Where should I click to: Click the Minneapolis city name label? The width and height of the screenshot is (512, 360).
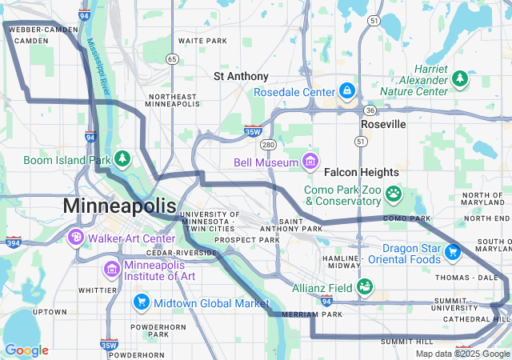[119, 206]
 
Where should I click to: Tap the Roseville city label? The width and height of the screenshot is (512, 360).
[383, 125]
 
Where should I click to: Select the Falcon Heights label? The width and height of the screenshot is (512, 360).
[361, 172]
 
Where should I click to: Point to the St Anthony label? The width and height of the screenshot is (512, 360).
[242, 76]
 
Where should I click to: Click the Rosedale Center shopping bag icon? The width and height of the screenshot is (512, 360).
[346, 92]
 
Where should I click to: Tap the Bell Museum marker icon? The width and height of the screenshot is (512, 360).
[310, 162]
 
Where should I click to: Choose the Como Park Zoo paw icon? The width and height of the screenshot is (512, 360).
[394, 193]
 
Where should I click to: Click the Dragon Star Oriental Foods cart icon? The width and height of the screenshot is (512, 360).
[452, 252]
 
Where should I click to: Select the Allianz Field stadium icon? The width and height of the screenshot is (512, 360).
[365, 286]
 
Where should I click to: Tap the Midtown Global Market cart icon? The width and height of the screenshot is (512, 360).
[142, 303]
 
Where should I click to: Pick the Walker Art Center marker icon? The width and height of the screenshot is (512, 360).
[76, 238]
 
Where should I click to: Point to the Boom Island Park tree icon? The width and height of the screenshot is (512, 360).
[122, 159]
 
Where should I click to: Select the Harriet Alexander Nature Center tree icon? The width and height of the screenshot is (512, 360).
[460, 78]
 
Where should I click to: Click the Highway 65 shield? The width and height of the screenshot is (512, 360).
[172, 58]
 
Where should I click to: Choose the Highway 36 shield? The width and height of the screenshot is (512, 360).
[369, 110]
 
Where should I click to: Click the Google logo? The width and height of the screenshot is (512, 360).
[27, 350]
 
